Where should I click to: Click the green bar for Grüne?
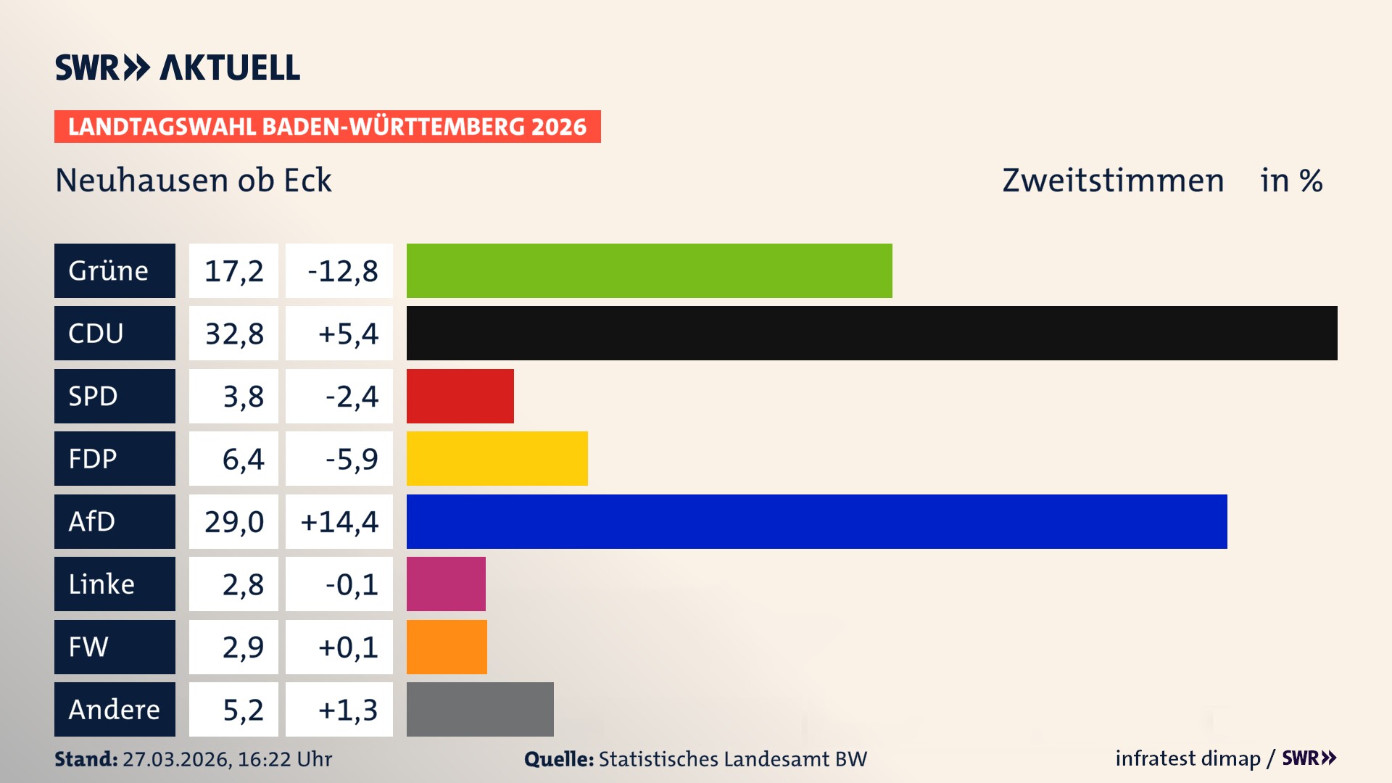[649, 270]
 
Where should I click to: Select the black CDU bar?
[871, 333]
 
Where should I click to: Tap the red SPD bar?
[460, 396]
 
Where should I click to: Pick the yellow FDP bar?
[497, 458]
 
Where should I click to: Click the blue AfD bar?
[816, 521]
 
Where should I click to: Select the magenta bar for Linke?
[446, 584]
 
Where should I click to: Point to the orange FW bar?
[447, 647]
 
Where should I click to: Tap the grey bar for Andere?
[480, 709]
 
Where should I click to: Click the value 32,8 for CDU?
[233, 333]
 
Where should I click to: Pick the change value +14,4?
[339, 521]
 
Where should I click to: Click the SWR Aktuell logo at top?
[177, 67]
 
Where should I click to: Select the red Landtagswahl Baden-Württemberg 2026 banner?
[327, 126]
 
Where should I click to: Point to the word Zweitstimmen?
[1113, 180]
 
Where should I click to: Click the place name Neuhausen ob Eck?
[194, 180]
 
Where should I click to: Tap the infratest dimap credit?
[1188, 758]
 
